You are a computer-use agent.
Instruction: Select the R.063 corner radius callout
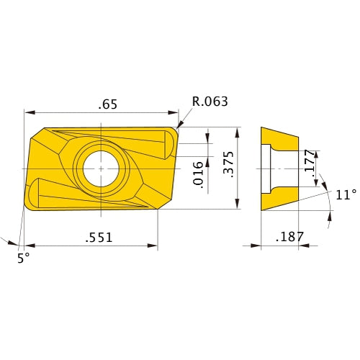pyautogui.click(x=209, y=101)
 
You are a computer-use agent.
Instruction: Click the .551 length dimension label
pyautogui.click(x=98, y=236)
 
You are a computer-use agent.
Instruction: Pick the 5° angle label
pyautogui.click(x=24, y=257)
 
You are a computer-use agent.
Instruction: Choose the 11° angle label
pyautogui.click(x=346, y=194)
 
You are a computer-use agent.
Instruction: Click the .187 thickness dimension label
pyautogui.click(x=290, y=236)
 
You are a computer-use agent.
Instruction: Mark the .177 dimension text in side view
pyautogui.click(x=308, y=163)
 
